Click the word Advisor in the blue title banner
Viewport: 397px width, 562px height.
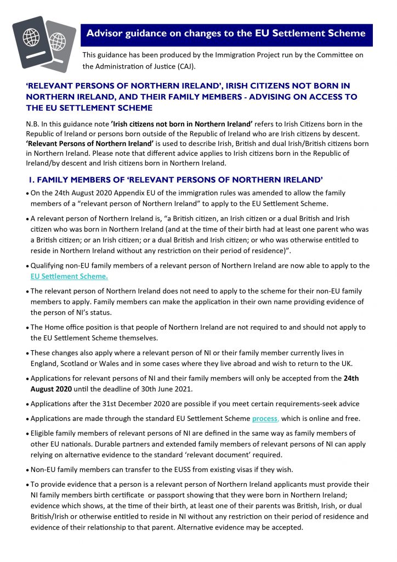coord(104,33)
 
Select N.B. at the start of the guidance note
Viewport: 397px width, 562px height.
coord(34,124)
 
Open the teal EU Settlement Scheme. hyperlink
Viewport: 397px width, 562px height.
coord(69,276)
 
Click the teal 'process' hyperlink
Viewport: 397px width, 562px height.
coord(265,418)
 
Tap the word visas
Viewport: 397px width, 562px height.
coord(245,469)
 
